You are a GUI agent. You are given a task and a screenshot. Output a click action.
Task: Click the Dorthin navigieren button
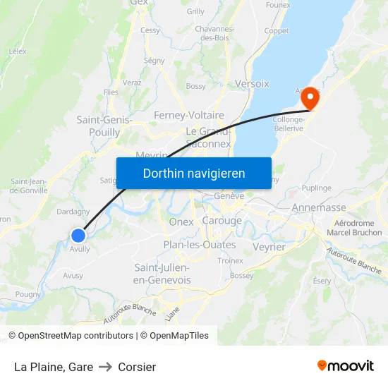click(194, 174)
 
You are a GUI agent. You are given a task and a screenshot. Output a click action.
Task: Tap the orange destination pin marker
click(310, 100)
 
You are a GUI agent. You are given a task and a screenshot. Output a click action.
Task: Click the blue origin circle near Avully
click(78, 235)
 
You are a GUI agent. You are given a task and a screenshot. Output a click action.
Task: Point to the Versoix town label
click(252, 83)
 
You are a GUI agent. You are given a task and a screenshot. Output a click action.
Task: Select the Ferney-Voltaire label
click(189, 115)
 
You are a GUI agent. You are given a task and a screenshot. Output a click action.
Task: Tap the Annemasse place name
click(320, 208)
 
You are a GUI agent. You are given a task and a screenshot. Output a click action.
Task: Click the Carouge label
click(222, 221)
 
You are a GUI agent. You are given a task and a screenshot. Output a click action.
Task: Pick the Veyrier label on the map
click(268, 247)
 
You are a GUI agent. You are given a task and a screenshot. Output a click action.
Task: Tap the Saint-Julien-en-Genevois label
click(162, 274)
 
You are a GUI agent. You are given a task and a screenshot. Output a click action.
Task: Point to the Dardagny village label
click(73, 211)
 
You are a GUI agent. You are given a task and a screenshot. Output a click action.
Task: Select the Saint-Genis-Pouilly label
click(104, 126)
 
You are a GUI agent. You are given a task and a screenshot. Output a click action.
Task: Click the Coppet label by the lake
click(277, 31)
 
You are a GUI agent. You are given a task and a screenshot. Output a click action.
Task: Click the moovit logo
click(346, 365)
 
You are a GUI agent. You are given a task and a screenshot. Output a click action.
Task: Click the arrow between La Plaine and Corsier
click(106, 367)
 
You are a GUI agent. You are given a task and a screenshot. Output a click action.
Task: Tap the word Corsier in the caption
click(137, 367)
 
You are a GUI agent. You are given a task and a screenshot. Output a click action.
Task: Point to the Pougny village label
click(28, 294)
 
